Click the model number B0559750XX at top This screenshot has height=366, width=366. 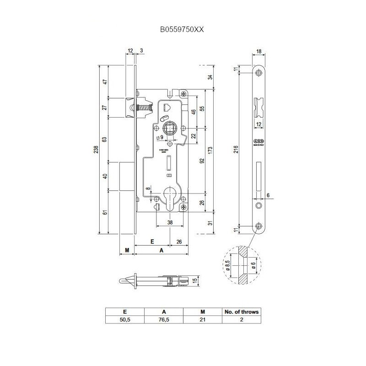(182, 28)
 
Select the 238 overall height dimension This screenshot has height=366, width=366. (95, 150)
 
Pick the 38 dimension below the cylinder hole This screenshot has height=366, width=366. (170, 222)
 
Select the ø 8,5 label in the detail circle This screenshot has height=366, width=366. (227, 265)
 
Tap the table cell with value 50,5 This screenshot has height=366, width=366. (125, 320)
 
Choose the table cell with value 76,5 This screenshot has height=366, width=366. (163, 320)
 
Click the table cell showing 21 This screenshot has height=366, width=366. (202, 320)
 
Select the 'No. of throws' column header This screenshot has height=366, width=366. (241, 312)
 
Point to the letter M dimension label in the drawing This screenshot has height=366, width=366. (127, 250)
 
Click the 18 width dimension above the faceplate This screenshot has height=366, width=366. (259, 52)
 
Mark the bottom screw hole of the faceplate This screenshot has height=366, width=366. (259, 225)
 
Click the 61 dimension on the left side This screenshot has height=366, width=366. (104, 212)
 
